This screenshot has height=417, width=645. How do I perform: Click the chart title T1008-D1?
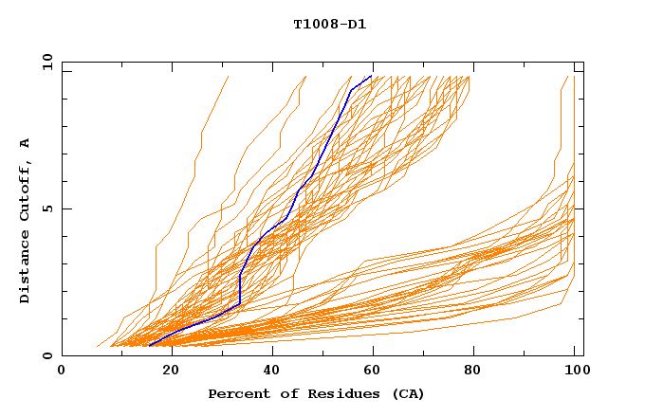pyautogui.click(x=330, y=24)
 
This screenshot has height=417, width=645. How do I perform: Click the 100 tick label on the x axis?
pyautogui.click(x=575, y=372)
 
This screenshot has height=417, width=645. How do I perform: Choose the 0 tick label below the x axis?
pyautogui.click(x=63, y=372)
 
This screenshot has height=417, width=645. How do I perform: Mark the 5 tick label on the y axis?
pyautogui.click(x=46, y=208)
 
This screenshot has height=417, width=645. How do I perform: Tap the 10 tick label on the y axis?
pyautogui.click(x=46, y=63)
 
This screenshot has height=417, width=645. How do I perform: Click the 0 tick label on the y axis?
pyautogui.click(x=46, y=355)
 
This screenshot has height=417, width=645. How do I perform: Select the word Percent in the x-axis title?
pyautogui.click(x=236, y=394)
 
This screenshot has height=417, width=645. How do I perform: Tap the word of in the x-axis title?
pyautogui.click(x=282, y=394)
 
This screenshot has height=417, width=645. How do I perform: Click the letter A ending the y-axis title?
pyautogui.click(x=26, y=142)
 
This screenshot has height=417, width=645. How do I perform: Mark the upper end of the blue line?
pyautogui.click(x=371, y=76)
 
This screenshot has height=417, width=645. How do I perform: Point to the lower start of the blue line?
pyautogui.click(x=150, y=345)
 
